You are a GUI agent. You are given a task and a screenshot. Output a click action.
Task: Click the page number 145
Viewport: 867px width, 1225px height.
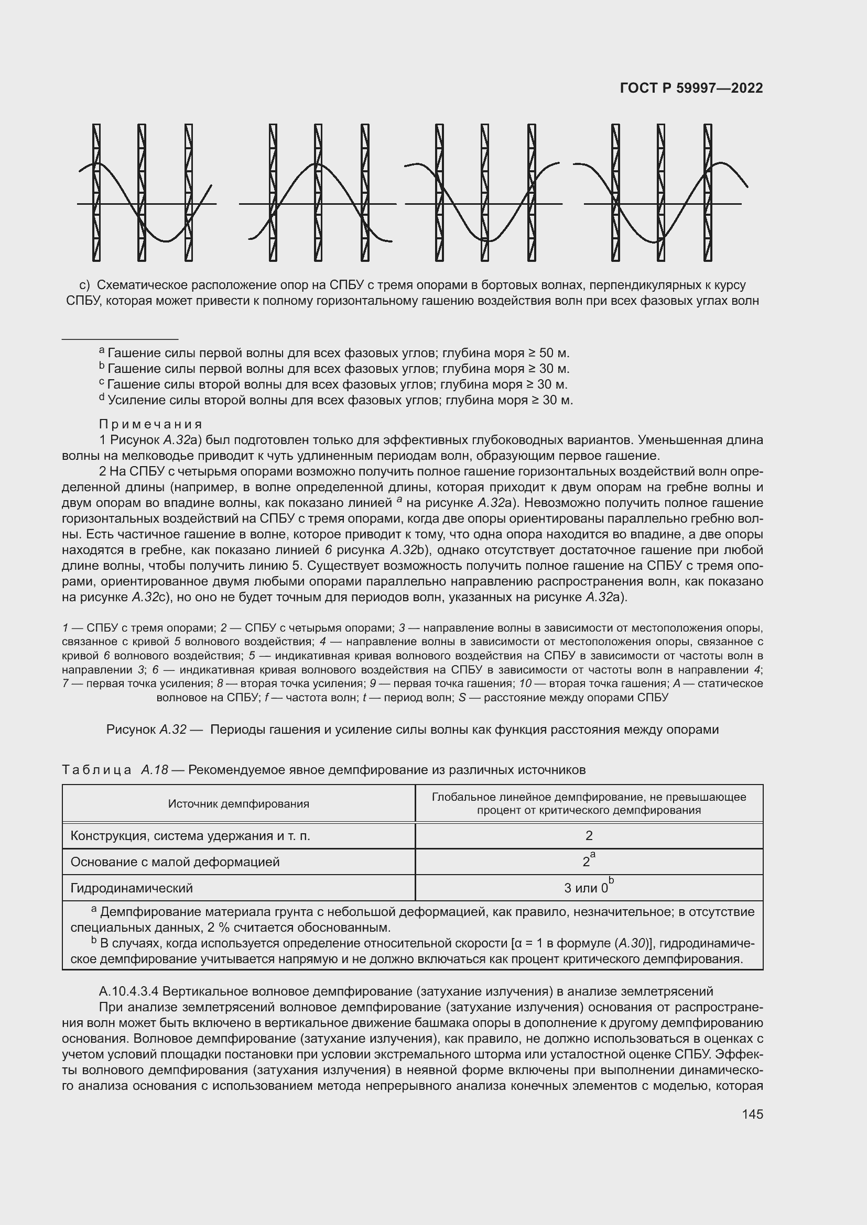pos(752,1114)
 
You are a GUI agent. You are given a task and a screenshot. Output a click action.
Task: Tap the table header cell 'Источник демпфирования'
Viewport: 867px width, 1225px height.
pos(239,803)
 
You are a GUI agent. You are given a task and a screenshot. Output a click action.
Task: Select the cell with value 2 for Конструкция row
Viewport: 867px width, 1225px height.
pos(588,835)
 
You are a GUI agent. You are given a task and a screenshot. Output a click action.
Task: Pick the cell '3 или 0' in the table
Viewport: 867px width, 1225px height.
pos(586,888)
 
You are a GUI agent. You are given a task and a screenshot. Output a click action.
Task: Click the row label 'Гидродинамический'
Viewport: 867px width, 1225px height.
pos(132,888)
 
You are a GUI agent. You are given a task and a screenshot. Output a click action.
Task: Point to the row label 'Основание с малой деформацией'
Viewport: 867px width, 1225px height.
pos(175,862)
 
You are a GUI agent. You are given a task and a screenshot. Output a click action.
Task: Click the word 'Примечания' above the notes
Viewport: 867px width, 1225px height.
pos(150,424)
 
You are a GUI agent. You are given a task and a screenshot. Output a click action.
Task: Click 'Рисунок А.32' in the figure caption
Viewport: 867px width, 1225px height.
pos(146,730)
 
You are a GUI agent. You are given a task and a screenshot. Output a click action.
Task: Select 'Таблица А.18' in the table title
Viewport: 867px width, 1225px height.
pos(115,770)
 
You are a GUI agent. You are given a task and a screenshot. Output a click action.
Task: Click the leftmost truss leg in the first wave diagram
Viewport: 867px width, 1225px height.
pos(96,192)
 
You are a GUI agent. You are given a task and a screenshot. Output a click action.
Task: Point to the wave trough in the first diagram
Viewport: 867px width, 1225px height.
pos(167,240)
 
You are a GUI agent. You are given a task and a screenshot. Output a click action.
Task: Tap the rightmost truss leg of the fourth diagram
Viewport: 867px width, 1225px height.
pos(707,192)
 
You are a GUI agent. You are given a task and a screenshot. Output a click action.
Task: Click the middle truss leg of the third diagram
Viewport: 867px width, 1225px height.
pos(484,192)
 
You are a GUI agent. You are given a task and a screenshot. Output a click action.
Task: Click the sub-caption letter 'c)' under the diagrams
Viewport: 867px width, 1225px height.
pos(84,285)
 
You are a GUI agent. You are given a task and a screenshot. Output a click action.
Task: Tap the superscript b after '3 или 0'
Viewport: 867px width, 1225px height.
pos(611,880)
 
